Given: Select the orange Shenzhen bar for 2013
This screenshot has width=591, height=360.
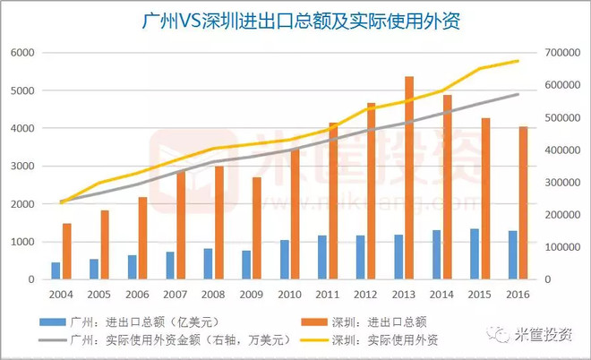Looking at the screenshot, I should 409,178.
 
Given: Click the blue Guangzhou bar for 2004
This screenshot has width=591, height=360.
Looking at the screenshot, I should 56,270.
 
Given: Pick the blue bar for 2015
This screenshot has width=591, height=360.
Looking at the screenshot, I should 475,253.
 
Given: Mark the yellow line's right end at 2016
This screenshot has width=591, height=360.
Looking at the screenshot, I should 518,61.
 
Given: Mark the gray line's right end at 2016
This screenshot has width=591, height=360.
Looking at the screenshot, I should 518,94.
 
